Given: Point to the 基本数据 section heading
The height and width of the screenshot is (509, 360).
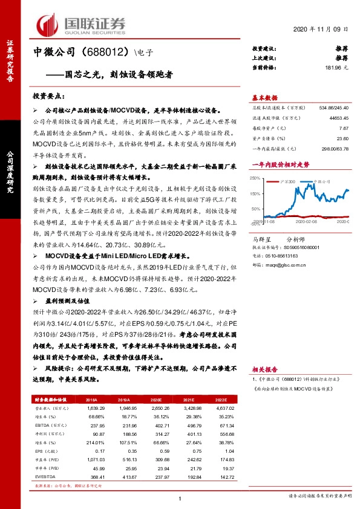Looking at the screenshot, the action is point(264,98).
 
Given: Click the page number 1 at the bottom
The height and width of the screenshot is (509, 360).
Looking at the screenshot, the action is point(180,499).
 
